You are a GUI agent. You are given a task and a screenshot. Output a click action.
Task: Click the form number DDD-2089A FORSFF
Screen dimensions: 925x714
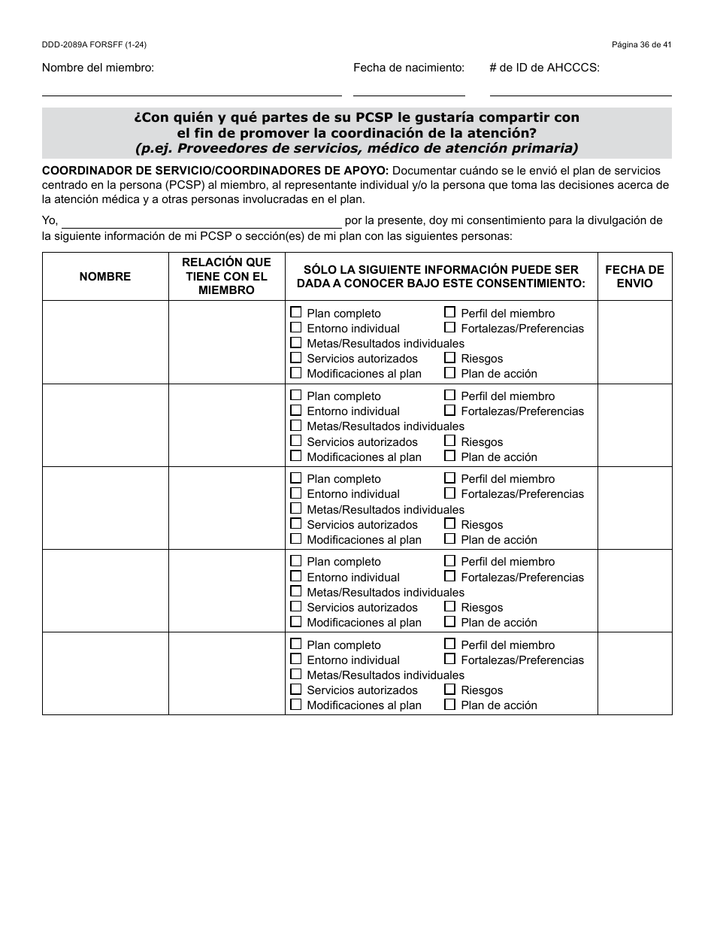coord(94,45)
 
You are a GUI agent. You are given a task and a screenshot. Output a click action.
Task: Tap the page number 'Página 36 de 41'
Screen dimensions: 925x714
coord(641,45)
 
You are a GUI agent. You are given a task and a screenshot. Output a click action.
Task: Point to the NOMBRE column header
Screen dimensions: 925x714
coord(105,277)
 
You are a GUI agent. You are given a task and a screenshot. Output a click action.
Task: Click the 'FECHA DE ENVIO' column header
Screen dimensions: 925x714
coord(634,277)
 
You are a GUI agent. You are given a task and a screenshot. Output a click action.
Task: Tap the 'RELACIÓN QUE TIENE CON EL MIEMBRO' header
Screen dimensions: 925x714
coord(226,277)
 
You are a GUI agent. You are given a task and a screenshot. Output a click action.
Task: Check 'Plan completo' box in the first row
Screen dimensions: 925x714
coord(296,312)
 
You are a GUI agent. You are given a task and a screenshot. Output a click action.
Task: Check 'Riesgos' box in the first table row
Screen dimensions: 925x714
coord(449,358)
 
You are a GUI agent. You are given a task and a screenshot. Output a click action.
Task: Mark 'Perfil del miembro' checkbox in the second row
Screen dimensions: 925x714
coord(449,395)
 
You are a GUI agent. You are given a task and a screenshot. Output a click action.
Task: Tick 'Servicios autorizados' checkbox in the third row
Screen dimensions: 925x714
coord(296,523)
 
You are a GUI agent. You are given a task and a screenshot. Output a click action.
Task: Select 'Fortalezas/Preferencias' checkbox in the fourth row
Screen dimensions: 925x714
coord(449,576)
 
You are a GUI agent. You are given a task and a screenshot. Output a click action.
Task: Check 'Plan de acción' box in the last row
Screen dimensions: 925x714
coord(449,705)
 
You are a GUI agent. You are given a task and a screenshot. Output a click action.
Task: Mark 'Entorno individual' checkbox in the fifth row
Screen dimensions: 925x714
coord(296,659)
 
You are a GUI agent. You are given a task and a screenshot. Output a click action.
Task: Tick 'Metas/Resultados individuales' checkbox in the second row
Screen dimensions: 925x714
coord(296,426)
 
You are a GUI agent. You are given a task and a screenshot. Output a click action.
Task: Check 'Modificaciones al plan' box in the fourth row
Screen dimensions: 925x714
coord(296,622)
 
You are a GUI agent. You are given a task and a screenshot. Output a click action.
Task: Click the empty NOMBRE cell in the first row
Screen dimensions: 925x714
coord(105,342)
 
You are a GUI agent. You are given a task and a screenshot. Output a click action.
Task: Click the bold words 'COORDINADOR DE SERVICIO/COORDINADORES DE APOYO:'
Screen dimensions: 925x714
coord(216,171)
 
